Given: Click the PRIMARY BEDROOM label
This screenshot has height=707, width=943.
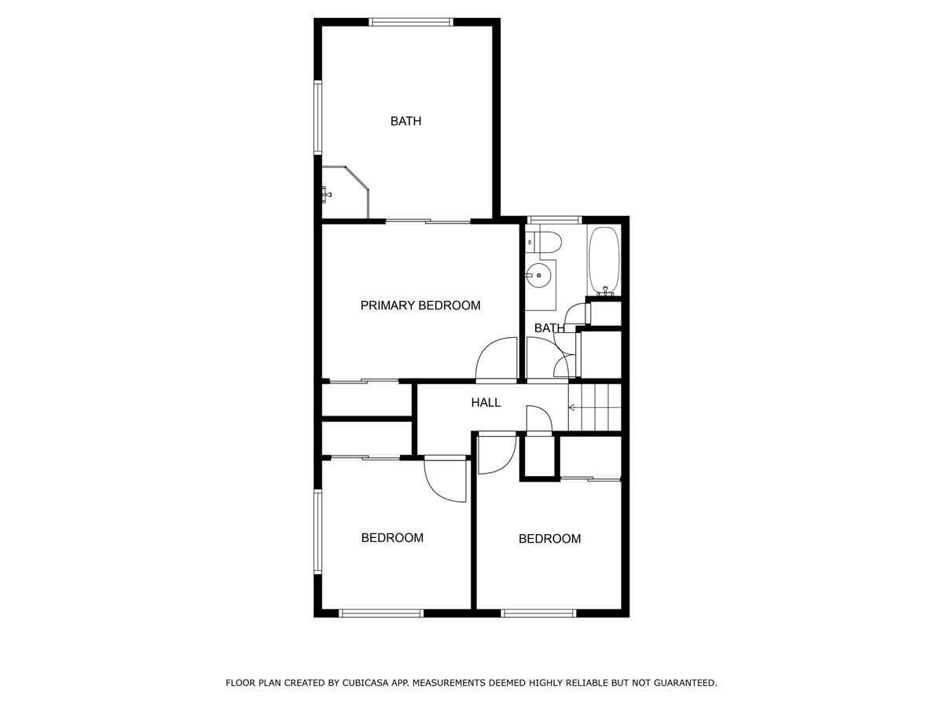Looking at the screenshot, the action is point(420,306).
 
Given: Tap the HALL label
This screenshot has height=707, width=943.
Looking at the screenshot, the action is point(486,402).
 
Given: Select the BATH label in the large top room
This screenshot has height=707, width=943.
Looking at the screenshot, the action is point(405,121).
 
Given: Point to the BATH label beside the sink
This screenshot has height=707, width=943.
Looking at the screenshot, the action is point(549,328).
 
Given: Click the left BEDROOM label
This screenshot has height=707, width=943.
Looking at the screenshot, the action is point(392,537).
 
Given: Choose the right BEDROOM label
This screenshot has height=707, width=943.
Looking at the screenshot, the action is point(549,538).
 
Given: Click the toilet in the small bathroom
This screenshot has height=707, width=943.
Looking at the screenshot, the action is point(544,243).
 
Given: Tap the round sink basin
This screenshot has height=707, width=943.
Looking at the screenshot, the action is point(538,275).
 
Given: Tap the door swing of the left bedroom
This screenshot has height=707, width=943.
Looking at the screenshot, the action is point(445,480).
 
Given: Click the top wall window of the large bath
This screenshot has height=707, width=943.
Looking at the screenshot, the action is point(411,22).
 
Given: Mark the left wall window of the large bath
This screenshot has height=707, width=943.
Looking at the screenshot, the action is point(318,118).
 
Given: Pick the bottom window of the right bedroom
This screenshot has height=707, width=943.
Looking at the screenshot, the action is point(538,614).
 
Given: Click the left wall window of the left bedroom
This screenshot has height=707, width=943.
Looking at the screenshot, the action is point(318,532).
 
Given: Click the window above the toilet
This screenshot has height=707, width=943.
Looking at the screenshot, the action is point(554,220).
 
